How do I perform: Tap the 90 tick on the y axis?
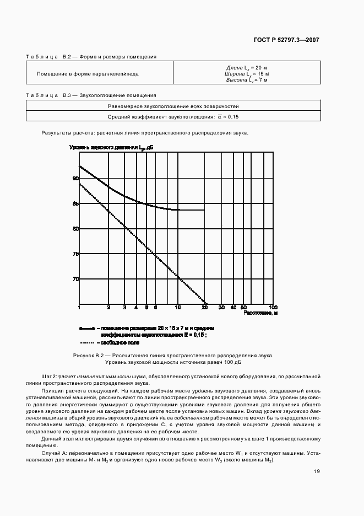point(75,178)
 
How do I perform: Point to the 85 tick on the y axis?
point(75,203)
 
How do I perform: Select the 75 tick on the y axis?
point(75,254)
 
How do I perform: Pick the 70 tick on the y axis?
point(75,279)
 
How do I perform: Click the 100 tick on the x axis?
point(272,307)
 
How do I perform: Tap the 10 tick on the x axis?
point(177,307)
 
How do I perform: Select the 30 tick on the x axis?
point(221,307)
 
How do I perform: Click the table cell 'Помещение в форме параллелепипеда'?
point(88,73)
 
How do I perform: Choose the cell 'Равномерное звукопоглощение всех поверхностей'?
point(173,106)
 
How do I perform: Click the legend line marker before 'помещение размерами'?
point(87,328)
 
